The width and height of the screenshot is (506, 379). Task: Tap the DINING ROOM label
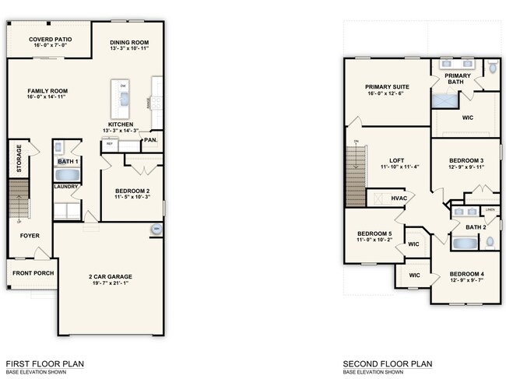click(x=129, y=42)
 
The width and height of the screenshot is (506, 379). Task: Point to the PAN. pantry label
click(x=150, y=140)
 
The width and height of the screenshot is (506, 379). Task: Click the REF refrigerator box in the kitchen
click(x=110, y=144)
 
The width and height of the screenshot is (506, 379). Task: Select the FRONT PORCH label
click(x=31, y=273)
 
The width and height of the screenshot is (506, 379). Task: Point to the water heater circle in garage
click(x=156, y=229)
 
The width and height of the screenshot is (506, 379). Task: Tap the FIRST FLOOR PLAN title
click(x=44, y=363)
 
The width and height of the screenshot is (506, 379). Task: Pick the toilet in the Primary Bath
click(x=491, y=69)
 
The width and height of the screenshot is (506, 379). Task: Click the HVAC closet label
click(x=399, y=198)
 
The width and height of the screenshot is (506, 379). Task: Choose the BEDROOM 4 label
click(x=466, y=274)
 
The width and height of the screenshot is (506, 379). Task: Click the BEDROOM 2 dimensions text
click(x=132, y=197)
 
